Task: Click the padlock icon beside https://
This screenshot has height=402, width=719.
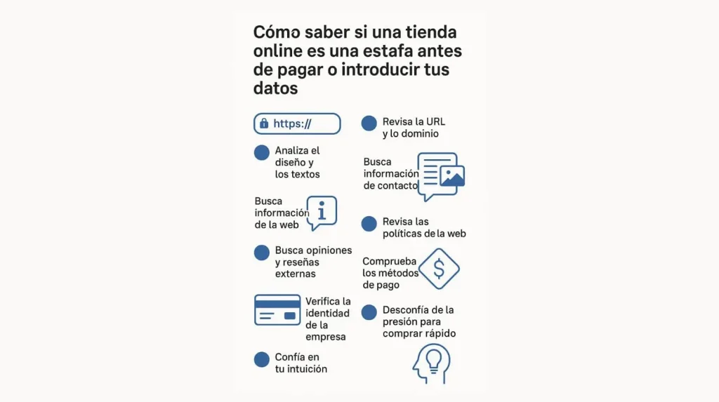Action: click(x=264, y=123)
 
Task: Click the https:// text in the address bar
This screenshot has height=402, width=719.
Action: click(x=292, y=123)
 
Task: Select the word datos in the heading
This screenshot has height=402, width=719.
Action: click(x=275, y=89)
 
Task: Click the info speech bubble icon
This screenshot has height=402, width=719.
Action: click(x=322, y=212)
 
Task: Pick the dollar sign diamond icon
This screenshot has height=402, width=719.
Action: click(x=439, y=269)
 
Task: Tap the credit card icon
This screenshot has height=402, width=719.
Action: click(x=277, y=309)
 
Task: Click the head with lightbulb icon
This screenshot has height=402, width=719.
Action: click(x=431, y=363)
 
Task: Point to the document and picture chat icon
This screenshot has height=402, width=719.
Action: click(x=441, y=175)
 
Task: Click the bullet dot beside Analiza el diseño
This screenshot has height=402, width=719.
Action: click(x=261, y=152)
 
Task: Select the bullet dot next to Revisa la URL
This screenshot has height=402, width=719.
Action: click(x=369, y=123)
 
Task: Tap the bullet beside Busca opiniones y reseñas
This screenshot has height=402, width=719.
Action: click(x=261, y=253)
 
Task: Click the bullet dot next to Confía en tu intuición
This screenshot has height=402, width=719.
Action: click(x=261, y=360)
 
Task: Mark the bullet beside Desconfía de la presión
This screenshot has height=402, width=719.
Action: click(x=369, y=313)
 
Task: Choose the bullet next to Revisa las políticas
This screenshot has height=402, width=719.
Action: click(x=369, y=224)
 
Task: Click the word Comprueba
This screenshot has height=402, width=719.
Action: click(x=390, y=262)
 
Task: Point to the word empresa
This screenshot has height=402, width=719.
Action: click(x=326, y=337)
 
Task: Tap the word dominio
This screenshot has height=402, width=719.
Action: click(x=420, y=133)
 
